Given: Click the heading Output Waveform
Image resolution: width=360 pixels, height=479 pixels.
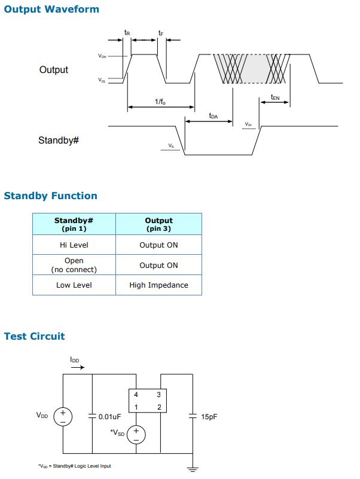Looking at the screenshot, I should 51,9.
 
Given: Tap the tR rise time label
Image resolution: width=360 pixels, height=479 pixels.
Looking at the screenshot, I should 127,32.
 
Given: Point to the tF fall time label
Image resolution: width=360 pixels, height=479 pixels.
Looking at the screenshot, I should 161,32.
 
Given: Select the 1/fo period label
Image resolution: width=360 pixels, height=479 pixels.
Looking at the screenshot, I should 160,102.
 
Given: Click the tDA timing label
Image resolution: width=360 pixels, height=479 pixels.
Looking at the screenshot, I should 213,115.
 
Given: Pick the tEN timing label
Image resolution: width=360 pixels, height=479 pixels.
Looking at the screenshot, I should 275,96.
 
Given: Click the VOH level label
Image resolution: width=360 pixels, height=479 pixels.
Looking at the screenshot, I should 102,56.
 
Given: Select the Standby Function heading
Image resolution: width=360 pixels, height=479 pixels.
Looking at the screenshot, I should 50,196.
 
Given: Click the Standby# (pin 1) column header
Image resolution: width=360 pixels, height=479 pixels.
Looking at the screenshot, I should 74,224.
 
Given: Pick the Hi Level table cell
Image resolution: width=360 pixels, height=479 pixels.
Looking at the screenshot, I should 74,245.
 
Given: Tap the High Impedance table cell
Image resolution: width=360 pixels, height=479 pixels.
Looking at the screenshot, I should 158,285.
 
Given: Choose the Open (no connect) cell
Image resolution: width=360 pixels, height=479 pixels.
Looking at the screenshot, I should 74,265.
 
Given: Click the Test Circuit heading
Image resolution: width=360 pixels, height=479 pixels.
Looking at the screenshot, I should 34,336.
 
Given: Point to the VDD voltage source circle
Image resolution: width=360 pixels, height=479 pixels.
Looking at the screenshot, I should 63,416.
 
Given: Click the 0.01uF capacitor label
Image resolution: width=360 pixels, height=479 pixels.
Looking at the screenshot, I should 110,417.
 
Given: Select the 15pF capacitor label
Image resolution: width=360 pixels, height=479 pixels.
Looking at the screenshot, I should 209,417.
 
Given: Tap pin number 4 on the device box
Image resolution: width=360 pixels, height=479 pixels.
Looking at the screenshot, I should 136,395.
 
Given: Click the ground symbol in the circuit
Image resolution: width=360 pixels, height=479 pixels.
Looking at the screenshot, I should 192,467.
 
